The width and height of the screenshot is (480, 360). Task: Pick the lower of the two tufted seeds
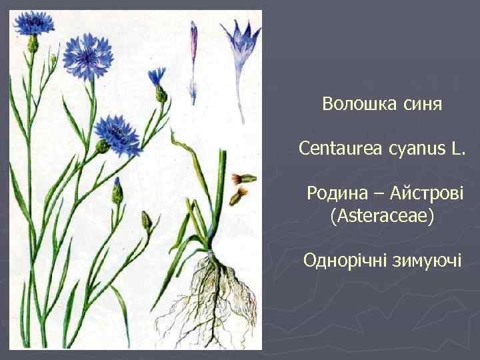point(237,197)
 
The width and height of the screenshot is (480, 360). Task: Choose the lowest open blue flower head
point(117,133)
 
